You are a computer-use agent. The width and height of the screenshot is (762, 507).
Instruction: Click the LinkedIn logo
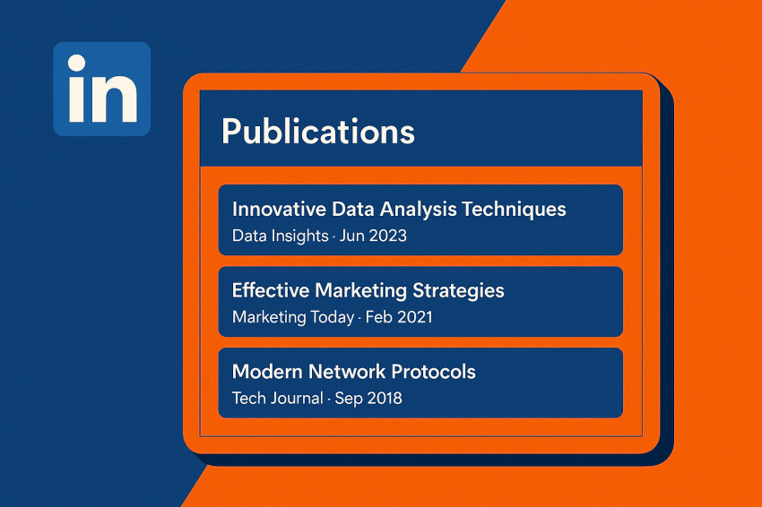[x=101, y=89]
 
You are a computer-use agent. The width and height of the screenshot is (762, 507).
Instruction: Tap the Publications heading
[x=318, y=132]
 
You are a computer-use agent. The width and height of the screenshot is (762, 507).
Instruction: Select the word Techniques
[x=514, y=210]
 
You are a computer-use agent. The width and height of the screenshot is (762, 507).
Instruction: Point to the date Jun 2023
[x=373, y=236]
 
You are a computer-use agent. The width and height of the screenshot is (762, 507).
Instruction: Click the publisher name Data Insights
[x=280, y=236]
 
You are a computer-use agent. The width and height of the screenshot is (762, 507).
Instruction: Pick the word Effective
[x=271, y=290]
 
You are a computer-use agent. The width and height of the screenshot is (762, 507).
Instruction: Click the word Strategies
[x=458, y=291]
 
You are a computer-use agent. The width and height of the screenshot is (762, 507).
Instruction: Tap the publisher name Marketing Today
[x=293, y=318]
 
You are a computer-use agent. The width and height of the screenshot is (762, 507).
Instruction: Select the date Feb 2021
[x=399, y=317]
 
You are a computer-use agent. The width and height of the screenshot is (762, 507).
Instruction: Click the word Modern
[x=267, y=372]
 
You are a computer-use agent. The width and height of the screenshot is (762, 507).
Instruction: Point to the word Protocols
[x=434, y=372]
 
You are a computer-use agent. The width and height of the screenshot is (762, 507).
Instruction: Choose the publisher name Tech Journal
[x=278, y=399]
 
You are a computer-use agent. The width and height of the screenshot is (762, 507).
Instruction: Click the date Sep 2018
[x=368, y=399]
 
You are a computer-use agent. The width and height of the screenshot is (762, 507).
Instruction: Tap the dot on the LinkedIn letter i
[x=77, y=63]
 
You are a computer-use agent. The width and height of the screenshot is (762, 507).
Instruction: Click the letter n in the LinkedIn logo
[x=115, y=99]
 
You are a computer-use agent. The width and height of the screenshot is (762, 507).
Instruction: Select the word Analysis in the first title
[x=418, y=210]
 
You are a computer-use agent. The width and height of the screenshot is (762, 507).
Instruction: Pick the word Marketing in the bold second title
[x=361, y=291]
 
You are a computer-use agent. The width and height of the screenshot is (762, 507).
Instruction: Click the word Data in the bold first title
[x=353, y=209]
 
